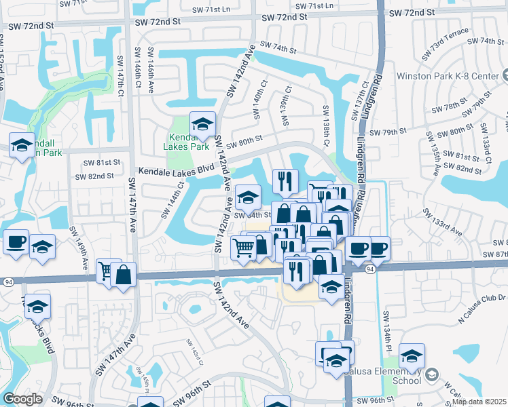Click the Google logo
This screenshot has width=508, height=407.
tap(22, 399)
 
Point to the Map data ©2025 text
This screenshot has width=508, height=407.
tap(479, 402)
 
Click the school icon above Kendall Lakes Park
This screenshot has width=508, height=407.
tap(202, 124)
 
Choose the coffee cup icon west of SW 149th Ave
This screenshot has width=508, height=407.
tap(16, 241)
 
